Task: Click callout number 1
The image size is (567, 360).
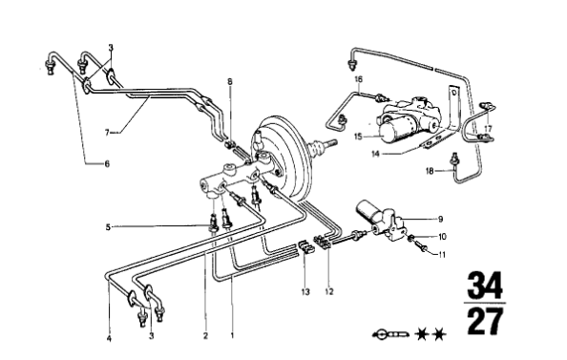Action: (231, 336)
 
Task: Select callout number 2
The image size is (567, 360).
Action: (205, 336)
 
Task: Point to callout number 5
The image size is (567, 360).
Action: (109, 226)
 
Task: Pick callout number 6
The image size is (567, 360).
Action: (107, 163)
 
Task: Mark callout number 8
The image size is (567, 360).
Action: (229, 83)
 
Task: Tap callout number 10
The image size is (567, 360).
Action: (442, 236)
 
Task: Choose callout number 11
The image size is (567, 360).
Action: (442, 255)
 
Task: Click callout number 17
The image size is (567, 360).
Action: (487, 128)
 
